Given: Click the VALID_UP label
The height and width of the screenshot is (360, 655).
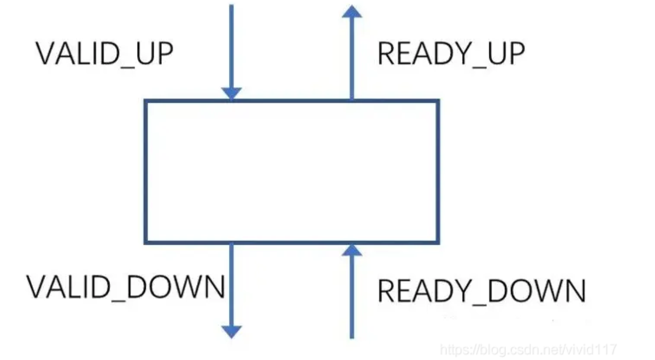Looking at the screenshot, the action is point(104,54).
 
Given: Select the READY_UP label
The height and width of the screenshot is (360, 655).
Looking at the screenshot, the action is point(451,54).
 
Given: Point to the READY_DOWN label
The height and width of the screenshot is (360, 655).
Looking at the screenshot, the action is point(481,291).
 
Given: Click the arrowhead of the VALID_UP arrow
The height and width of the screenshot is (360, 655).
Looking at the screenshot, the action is point(231,94).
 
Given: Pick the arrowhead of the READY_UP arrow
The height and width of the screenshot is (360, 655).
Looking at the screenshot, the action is point(352,12).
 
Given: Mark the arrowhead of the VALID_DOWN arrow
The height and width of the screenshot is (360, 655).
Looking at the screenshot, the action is point(231,331).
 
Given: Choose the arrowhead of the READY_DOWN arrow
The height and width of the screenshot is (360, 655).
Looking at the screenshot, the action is point(352,249).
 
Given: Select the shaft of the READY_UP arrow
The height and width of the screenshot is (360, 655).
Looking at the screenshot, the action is point(352,60).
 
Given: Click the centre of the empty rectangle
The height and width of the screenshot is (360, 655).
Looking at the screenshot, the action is point(292,171).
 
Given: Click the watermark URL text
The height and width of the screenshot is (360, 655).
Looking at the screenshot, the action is point(528,350).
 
